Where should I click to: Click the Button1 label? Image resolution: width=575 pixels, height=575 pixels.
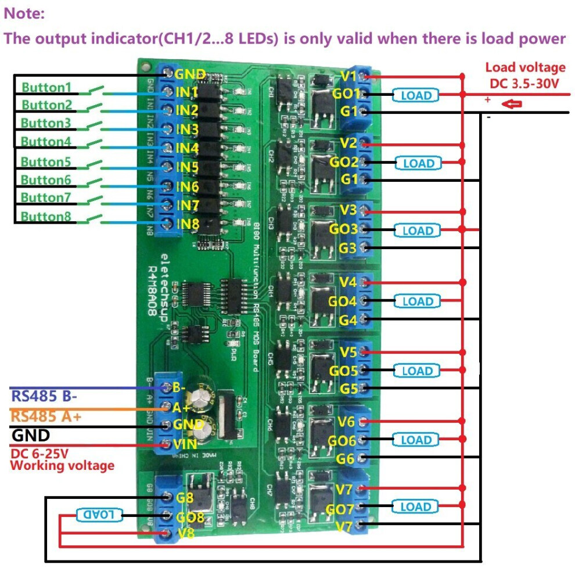(46, 88)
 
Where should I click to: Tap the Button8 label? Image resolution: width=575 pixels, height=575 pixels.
(46, 217)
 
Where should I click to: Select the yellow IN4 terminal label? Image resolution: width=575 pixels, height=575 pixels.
(187, 148)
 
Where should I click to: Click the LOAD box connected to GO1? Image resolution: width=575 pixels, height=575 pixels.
(416, 95)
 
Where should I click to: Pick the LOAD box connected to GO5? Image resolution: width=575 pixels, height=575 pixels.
(416, 371)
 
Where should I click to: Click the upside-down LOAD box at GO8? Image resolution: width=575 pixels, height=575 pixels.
(98, 514)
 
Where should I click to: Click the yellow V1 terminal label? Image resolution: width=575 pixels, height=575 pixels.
(348, 76)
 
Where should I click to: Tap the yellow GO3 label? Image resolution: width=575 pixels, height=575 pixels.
(343, 229)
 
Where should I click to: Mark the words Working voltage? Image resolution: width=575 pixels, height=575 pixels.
(62, 465)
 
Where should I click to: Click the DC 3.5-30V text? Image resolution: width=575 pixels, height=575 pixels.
(524, 84)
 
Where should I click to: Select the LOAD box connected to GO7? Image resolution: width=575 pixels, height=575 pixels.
(416, 506)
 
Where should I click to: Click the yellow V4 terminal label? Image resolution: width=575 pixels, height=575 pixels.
(348, 283)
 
